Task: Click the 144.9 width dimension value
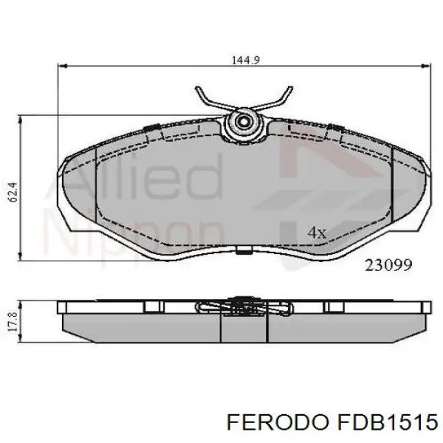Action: point(243,61)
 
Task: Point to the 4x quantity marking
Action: point(316,233)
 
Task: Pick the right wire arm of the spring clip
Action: point(275,101)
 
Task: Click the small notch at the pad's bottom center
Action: point(243,253)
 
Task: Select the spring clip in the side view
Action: point(241,306)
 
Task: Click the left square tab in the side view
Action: point(153,306)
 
